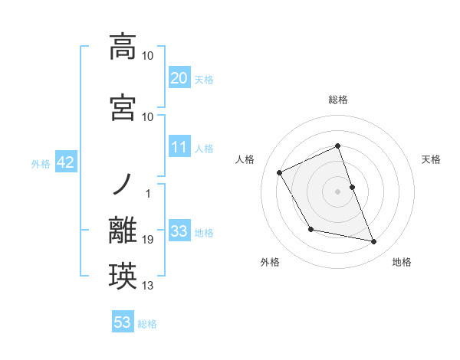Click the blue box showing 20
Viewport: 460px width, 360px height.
(179, 77)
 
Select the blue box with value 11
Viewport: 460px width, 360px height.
(179, 147)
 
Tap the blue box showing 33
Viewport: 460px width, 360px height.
(179, 231)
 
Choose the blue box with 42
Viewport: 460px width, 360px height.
(64, 162)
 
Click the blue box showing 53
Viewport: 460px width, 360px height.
(123, 322)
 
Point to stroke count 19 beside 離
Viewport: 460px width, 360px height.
(148, 241)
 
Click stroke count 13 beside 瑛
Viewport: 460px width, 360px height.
(148, 286)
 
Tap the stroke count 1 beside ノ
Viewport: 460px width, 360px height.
(148, 194)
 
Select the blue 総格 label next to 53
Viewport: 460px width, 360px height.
(147, 324)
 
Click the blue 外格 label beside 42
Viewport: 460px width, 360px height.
(41, 163)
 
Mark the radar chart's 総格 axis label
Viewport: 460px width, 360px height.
(338, 100)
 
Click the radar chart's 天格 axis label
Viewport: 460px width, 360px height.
(431, 159)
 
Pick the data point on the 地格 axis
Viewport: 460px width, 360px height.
(374, 242)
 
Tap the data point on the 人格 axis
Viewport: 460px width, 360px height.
(280, 172)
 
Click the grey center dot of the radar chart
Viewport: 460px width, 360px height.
(338, 191)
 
